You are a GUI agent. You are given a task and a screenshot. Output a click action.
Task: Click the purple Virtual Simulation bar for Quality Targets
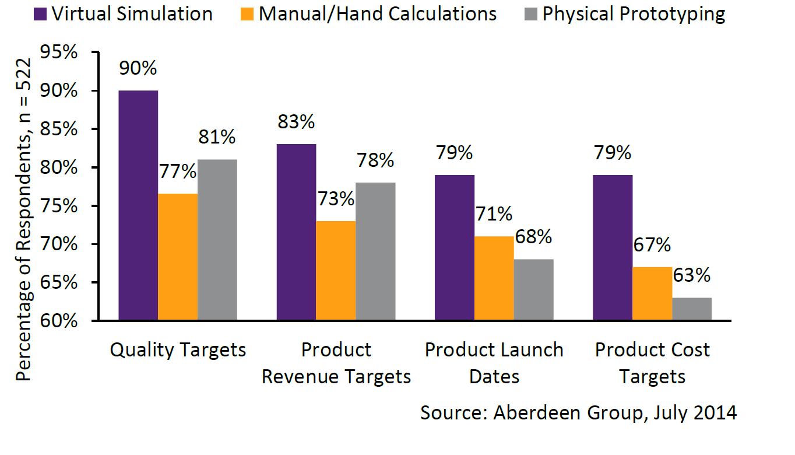tap(138, 205)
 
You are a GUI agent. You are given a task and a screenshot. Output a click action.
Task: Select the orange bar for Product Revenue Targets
tap(336, 271)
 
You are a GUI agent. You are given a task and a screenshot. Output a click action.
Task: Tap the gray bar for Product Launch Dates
tap(534, 290)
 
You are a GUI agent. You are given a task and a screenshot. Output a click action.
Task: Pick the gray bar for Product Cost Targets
tap(692, 309)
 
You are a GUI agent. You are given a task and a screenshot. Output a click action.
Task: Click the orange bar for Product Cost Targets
tap(652, 294)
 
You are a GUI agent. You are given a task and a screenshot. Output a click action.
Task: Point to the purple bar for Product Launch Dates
tap(455, 247)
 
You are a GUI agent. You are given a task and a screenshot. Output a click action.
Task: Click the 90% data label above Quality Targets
tap(138, 68)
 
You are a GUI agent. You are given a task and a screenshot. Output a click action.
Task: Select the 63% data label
tap(692, 275)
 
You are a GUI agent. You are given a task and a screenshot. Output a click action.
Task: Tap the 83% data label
tap(297, 122)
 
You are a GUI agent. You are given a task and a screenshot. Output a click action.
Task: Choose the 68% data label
tap(533, 237)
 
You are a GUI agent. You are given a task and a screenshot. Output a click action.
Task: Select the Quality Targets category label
tap(178, 350)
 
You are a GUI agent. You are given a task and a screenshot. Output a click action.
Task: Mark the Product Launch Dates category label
tap(494, 363)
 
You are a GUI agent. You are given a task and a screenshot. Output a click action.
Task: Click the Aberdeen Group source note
tap(578, 412)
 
